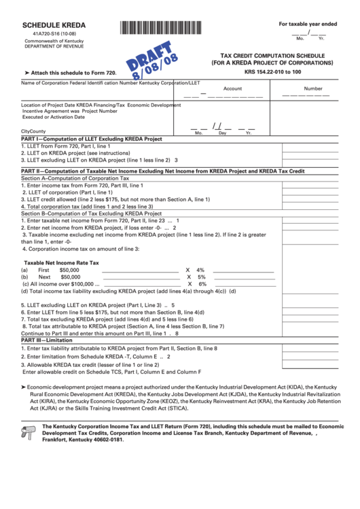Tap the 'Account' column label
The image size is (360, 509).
232,88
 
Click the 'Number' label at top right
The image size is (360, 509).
313,88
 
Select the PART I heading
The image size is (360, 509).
92,138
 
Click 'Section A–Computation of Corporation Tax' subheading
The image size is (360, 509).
79,178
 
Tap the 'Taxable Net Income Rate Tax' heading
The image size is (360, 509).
62,262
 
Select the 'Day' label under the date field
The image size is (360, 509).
222,133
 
